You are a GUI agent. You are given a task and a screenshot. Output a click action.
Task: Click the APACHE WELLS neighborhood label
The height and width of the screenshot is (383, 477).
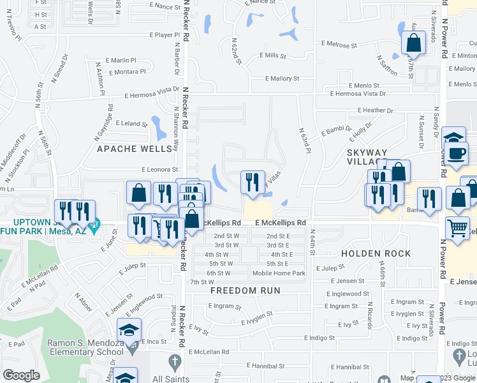pyautogui.click(x=135, y=149)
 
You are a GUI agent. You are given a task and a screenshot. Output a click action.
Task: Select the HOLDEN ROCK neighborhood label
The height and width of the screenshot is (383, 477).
pyautogui.click(x=376, y=253)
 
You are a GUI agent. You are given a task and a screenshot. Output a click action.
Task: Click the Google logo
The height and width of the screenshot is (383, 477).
pyautogui.click(x=22, y=375)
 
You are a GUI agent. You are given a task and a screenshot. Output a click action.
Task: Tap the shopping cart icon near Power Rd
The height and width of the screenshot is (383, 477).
pyautogui.click(x=457, y=229)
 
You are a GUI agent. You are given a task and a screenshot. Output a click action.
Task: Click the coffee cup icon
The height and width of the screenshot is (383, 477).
pyautogui.click(x=457, y=153)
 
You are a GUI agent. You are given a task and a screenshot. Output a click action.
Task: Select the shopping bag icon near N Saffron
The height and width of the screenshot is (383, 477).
pyautogui.click(x=413, y=43)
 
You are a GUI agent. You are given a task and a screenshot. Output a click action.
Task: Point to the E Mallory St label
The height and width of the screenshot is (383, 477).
pyautogui.click(x=283, y=79)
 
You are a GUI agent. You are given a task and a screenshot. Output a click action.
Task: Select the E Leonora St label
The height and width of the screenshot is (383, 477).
pyautogui.click(x=159, y=170)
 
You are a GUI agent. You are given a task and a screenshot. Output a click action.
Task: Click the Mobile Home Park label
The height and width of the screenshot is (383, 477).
pyautogui.click(x=279, y=273)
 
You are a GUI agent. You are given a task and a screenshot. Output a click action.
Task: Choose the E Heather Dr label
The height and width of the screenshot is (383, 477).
pyautogui.click(x=376, y=110)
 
